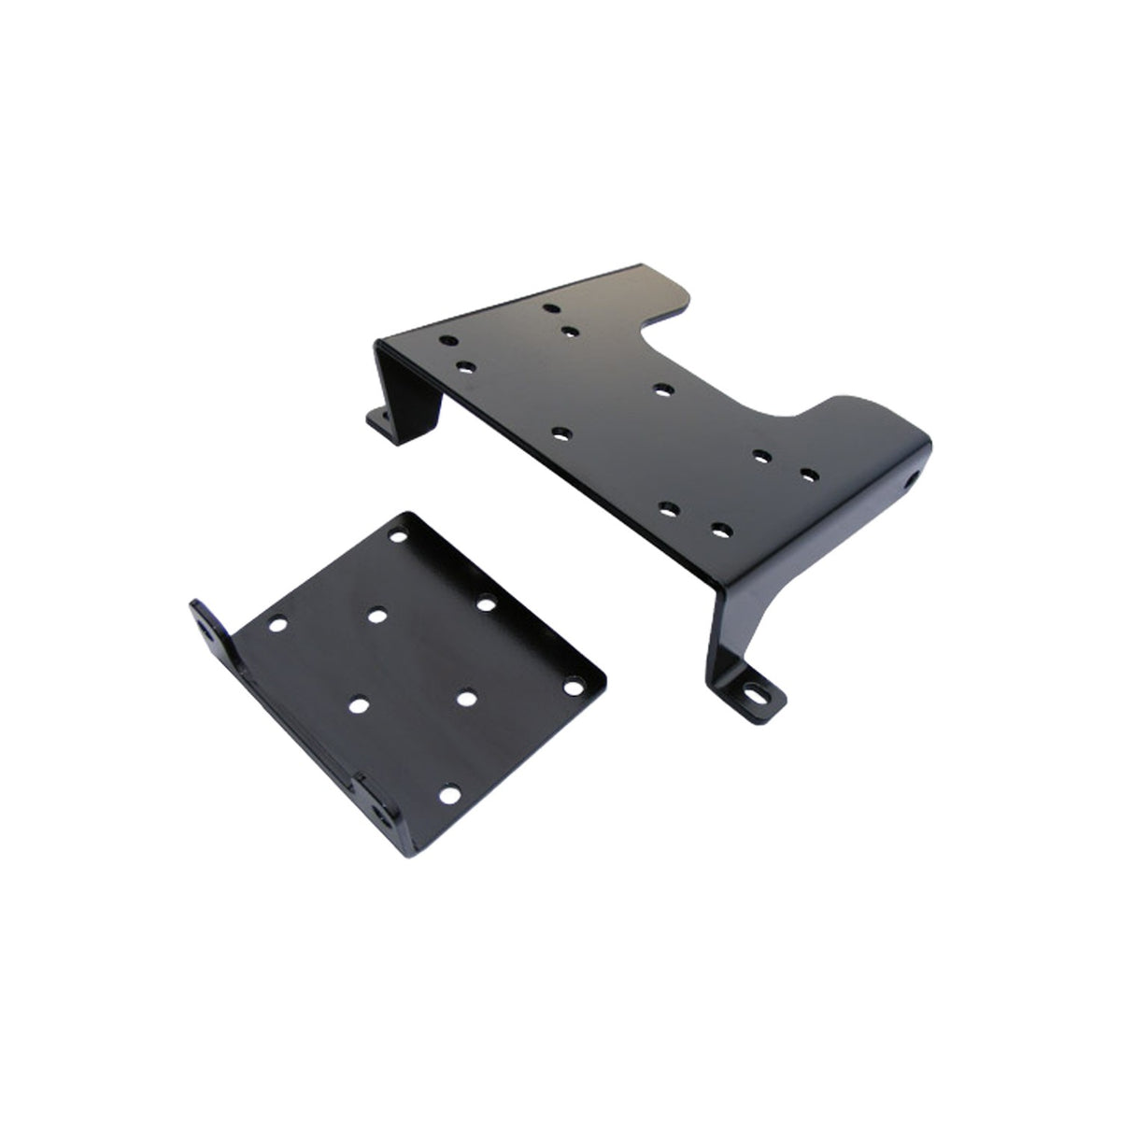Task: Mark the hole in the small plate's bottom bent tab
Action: [380, 811]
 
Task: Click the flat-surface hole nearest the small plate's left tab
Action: [277, 623]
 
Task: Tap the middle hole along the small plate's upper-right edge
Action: [487, 603]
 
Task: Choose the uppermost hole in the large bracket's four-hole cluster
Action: [760, 457]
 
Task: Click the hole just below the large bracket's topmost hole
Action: [568, 329]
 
